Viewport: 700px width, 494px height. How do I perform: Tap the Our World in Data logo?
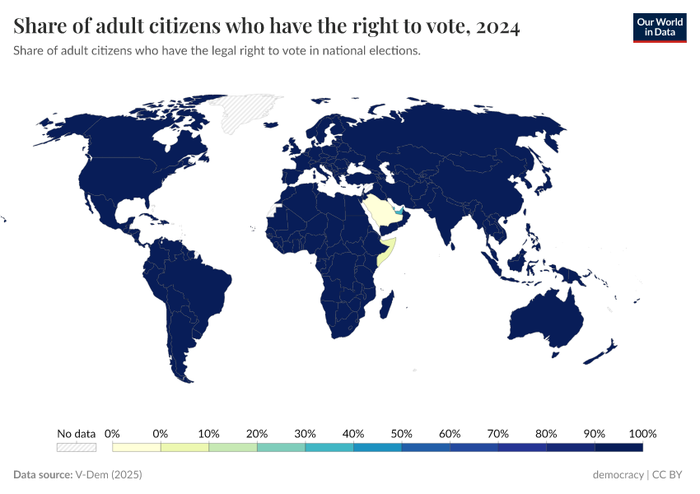(x=659, y=27)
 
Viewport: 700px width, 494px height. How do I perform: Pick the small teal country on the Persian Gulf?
(x=401, y=212)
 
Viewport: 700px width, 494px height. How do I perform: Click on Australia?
(x=548, y=317)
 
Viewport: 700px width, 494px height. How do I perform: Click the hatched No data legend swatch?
(x=76, y=447)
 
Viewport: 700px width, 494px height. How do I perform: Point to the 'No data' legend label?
(x=76, y=433)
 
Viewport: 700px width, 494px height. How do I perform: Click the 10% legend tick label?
(x=208, y=433)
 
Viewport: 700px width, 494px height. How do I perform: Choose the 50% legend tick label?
(x=401, y=433)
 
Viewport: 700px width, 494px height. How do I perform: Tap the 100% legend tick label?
(x=642, y=433)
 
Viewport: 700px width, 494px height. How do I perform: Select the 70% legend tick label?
(x=497, y=433)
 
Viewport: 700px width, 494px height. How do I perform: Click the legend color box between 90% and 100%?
(x=618, y=447)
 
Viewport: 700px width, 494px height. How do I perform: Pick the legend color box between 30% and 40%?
(x=329, y=447)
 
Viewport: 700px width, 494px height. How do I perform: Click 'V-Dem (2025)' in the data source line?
(x=110, y=475)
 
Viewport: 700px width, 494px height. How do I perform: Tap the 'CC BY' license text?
(x=670, y=475)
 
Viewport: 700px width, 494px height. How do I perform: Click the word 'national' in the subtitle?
(x=344, y=51)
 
